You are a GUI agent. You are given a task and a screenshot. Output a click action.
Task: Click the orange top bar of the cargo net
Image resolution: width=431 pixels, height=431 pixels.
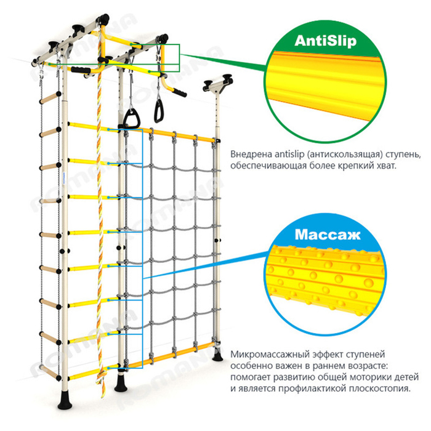pos(172,133)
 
